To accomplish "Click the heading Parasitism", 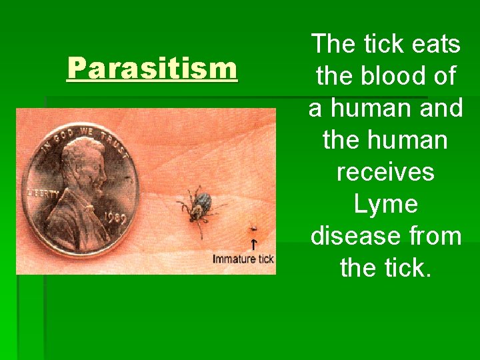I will pos(152,69).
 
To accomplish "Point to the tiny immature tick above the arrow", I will pos(253,229).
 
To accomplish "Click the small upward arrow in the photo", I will pos(253,244).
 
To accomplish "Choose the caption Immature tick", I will pos(243,259).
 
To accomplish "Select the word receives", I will pos(385,172).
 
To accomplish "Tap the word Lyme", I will pos(385,204).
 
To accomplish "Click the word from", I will pos(437,236).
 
